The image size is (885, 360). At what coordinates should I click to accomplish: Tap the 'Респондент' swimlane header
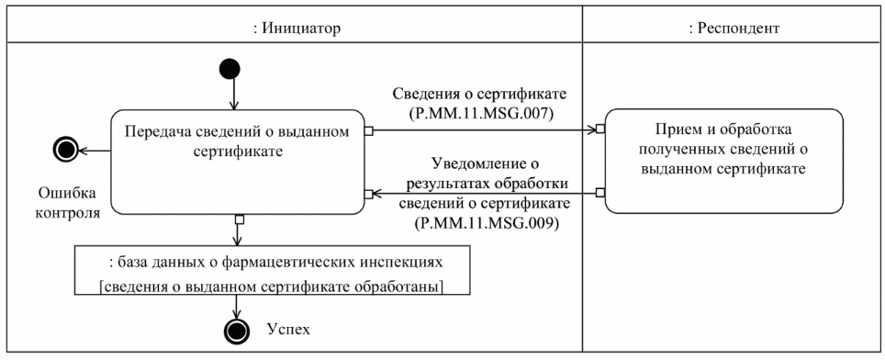click(734, 28)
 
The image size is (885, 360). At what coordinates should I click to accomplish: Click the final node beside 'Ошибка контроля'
click(65, 150)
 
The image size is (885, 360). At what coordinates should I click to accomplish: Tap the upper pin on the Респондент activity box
click(600, 129)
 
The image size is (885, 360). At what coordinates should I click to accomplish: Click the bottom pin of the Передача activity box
click(239, 219)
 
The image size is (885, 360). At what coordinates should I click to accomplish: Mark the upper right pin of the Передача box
click(367, 129)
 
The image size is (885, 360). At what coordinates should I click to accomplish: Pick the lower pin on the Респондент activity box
click(600, 193)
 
